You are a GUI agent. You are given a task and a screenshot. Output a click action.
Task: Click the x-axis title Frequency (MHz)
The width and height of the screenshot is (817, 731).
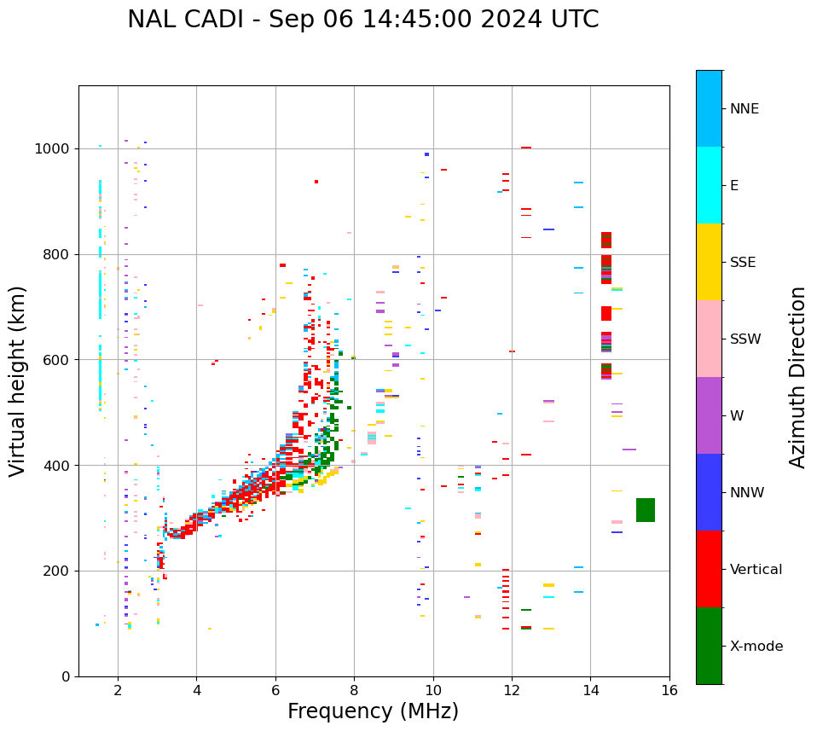373,711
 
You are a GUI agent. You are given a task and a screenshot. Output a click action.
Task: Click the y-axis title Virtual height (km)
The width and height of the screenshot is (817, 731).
18,380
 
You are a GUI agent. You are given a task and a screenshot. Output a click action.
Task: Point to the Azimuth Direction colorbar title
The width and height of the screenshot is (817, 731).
797,376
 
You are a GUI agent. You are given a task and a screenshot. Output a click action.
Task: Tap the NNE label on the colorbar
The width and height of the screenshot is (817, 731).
744,109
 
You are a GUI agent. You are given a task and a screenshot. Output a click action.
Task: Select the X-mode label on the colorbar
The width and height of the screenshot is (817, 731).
756,647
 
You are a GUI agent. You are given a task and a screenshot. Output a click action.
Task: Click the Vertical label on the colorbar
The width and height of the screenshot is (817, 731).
756,570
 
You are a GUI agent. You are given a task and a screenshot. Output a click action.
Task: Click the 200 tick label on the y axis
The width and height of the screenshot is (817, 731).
61,571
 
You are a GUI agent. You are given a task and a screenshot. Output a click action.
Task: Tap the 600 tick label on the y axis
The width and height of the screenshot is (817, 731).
61,360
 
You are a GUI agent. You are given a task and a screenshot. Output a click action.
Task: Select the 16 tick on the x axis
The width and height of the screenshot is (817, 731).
669,689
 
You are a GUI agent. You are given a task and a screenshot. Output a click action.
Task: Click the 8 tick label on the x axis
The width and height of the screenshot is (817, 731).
354,689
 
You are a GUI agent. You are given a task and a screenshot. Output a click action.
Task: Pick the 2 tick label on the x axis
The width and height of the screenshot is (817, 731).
118,689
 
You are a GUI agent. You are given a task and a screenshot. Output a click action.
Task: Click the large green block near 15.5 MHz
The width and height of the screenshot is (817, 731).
646,510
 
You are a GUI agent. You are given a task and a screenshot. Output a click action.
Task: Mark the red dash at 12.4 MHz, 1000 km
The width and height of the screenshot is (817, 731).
526,148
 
